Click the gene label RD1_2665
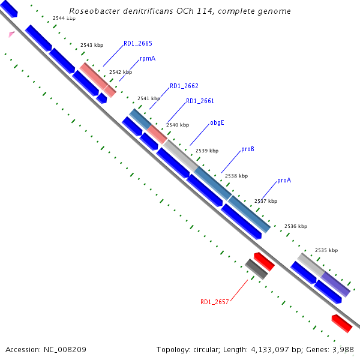point(137,43)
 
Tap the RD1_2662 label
point(184,86)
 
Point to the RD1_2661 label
point(200,101)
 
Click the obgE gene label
point(217,123)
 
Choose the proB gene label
point(248,149)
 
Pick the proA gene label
point(284,180)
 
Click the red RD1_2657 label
point(214,302)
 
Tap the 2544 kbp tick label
point(64,19)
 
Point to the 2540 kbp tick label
point(177,125)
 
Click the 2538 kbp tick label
point(236,176)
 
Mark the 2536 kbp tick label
point(295,227)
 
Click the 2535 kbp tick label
point(326,250)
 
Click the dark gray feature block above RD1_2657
point(257,268)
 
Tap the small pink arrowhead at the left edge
point(11,34)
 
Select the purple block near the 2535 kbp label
point(335,284)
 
